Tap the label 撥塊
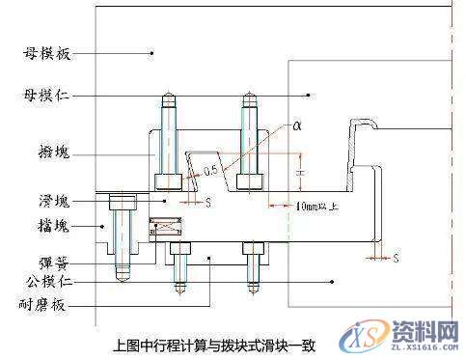tap(43, 153)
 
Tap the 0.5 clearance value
tap(213, 172)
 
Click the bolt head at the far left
tap(121, 203)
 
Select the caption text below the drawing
tap(214, 342)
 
